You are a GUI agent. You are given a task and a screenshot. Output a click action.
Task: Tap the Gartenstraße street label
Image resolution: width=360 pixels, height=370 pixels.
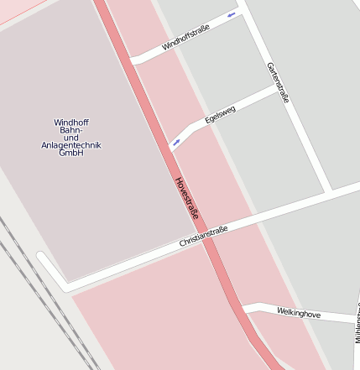[x=278, y=82]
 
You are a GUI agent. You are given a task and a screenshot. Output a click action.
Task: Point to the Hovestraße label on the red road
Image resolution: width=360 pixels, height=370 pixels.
[x=186, y=198]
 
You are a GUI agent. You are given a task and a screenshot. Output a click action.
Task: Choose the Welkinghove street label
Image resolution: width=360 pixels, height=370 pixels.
[x=299, y=313]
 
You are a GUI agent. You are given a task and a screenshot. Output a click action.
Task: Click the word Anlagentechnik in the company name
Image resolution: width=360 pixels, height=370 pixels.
[x=71, y=145]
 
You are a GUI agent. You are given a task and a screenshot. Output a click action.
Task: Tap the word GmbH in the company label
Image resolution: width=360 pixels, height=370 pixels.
[x=71, y=153]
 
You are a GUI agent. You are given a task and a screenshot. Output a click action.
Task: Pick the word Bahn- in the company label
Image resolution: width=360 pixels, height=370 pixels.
[x=71, y=130]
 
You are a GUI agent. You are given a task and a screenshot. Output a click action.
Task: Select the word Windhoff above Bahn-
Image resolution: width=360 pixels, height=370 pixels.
[x=71, y=122]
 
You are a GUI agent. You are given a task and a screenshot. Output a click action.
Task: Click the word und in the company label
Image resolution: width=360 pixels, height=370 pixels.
[x=71, y=138]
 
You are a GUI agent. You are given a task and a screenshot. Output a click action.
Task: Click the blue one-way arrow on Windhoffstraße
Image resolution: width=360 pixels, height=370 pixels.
[x=231, y=15]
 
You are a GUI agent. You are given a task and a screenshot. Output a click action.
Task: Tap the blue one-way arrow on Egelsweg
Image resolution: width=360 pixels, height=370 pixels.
[x=176, y=143]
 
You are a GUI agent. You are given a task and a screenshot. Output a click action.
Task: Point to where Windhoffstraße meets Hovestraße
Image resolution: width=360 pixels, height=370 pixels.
[x=134, y=60]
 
